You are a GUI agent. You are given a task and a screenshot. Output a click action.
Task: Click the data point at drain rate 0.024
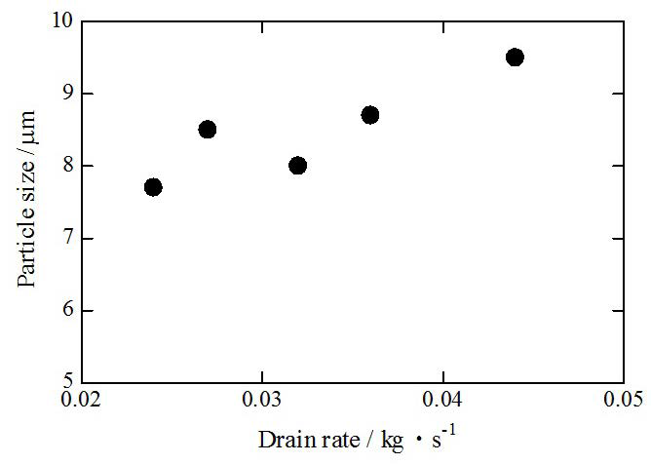(x=153, y=187)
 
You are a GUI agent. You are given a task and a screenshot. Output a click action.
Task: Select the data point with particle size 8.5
(x=207, y=130)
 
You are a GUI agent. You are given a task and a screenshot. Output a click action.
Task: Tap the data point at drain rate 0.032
(x=297, y=166)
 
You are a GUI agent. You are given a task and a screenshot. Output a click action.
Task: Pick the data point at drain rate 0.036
(x=370, y=115)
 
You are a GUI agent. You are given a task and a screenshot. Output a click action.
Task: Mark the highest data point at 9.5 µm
(x=515, y=58)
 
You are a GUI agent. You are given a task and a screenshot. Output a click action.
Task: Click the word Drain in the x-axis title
(x=281, y=440)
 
